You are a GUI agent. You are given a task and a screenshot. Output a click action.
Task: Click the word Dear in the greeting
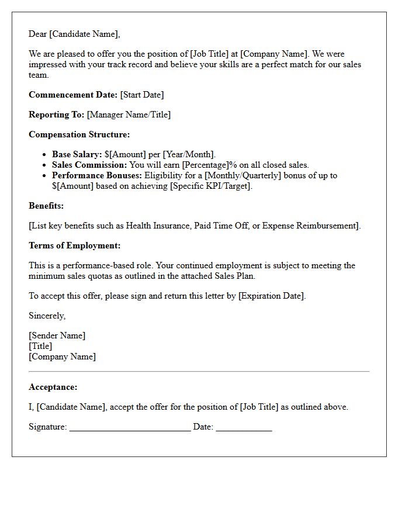click(x=38, y=34)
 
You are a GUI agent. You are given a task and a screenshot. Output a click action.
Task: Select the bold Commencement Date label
click(x=73, y=95)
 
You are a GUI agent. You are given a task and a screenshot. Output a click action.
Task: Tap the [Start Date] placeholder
click(x=142, y=95)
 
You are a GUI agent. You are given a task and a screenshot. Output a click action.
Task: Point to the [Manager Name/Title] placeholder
click(x=129, y=115)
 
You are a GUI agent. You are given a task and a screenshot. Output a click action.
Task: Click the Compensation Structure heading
click(x=79, y=134)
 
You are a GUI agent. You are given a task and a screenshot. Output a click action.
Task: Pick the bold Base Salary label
click(x=77, y=154)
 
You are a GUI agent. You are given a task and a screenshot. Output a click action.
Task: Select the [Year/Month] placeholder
click(x=189, y=154)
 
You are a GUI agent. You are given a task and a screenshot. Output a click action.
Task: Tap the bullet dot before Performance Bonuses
click(x=45, y=175)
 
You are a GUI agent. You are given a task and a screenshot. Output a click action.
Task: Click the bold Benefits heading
click(x=46, y=206)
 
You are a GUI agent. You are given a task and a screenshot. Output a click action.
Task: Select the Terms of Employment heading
click(x=75, y=245)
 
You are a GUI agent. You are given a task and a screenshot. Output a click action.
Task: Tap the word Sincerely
click(x=47, y=316)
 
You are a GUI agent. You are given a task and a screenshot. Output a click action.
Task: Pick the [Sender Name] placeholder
click(x=57, y=335)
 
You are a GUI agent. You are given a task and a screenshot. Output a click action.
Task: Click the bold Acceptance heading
click(x=53, y=387)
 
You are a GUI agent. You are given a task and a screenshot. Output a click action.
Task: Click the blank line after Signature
click(x=130, y=428)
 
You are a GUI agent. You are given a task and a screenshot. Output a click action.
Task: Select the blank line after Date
click(x=244, y=428)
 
